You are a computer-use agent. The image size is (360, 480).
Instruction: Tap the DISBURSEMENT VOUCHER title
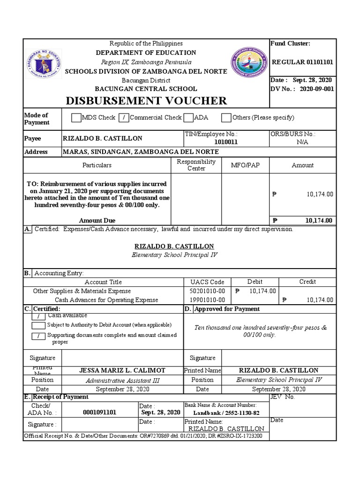pos(146,100)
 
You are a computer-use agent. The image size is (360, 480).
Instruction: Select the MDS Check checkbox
pos(76,118)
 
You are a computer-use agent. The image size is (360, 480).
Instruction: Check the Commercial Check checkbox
pos(124,118)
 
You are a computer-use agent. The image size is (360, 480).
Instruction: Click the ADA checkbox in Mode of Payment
pos(188,118)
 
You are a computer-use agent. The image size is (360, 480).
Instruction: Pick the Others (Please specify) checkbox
pos(226,118)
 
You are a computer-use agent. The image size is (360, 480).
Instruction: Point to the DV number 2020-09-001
pos(317,89)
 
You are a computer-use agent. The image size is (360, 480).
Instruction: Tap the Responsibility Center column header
pos(196,165)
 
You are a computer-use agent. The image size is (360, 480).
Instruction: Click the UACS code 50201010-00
pos(208,291)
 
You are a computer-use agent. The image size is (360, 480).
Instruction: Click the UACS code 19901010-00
pos(208,300)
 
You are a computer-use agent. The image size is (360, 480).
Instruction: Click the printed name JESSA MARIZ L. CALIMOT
pos(122,370)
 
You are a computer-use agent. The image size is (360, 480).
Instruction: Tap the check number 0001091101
pos(99,412)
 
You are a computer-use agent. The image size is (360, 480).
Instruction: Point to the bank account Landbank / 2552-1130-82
pos(226,413)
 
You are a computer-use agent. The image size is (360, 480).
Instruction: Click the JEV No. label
pos(283,397)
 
